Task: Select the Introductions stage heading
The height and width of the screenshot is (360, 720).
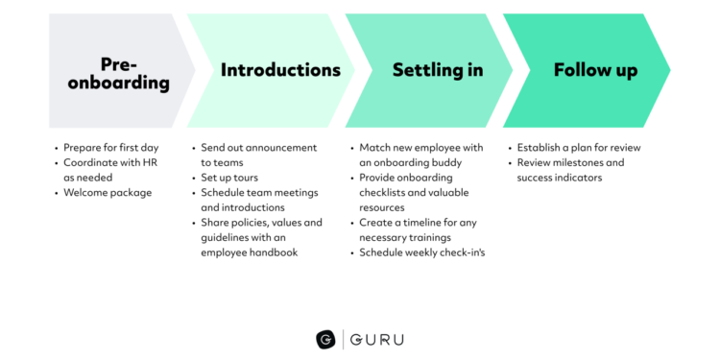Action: click(280, 70)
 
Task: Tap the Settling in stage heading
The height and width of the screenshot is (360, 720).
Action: click(438, 70)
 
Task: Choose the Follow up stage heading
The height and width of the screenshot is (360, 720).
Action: click(595, 70)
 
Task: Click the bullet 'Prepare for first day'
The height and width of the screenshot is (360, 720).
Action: click(110, 148)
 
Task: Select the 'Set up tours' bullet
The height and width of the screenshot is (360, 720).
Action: click(229, 178)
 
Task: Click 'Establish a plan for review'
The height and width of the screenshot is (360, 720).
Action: click(578, 148)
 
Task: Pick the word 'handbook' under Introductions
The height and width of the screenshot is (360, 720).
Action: click(275, 252)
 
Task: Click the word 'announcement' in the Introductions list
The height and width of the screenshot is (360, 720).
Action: click(282, 148)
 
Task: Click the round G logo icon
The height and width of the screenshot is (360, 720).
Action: click(326, 339)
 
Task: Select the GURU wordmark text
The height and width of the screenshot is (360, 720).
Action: click(377, 339)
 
